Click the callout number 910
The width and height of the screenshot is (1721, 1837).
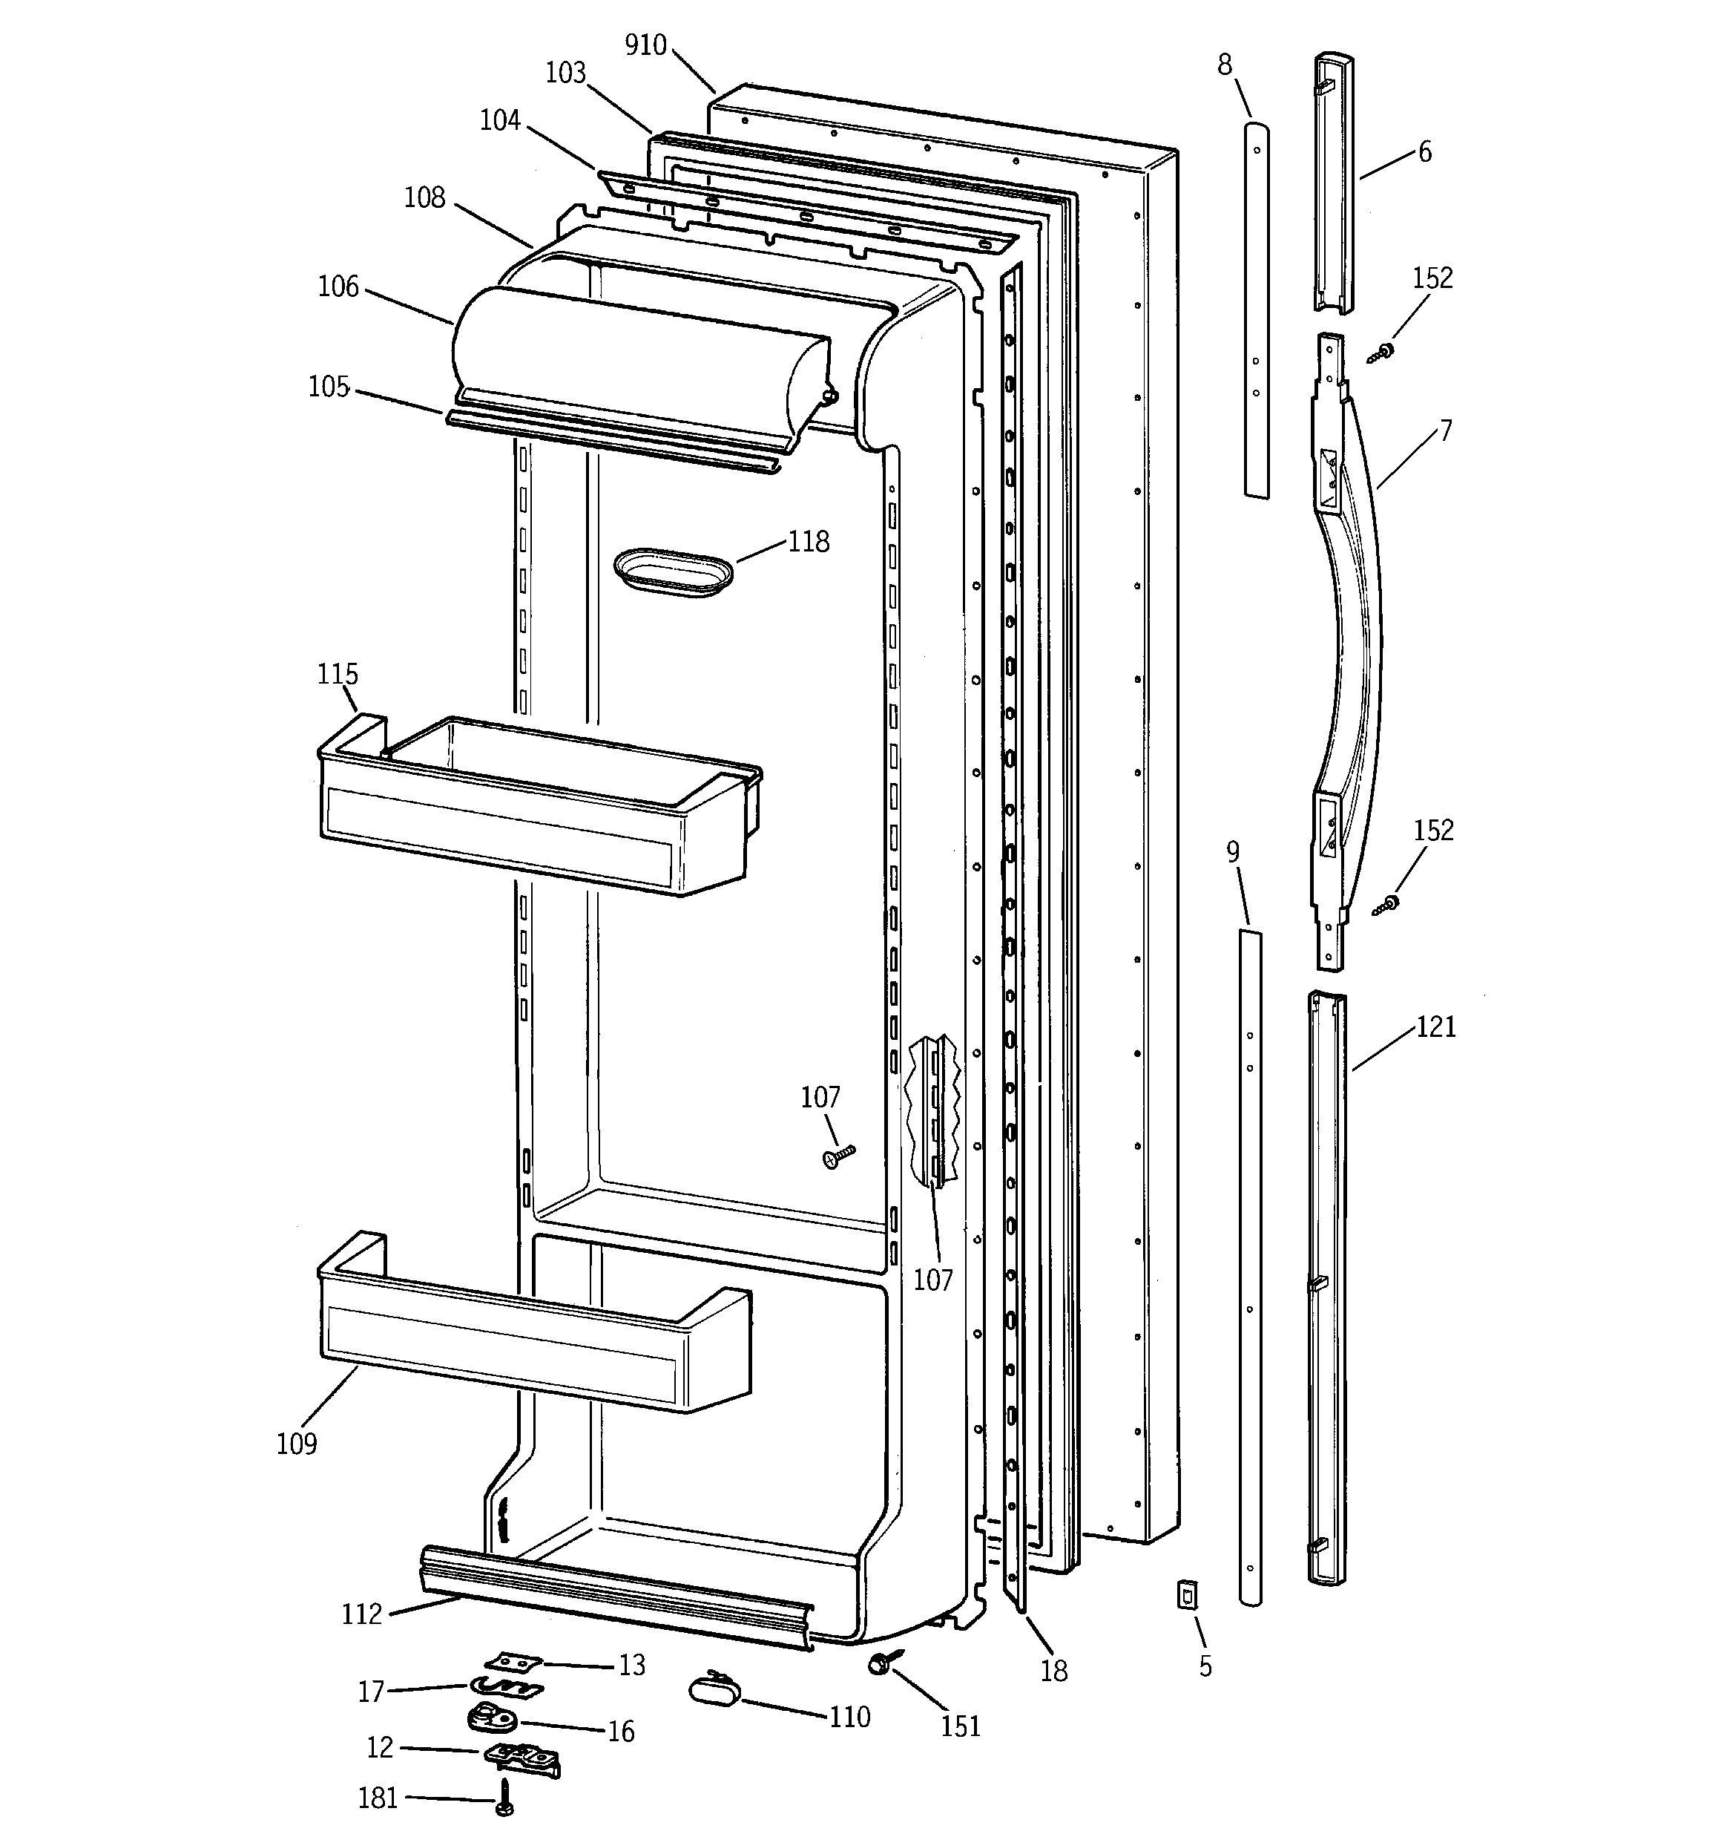pos(645,45)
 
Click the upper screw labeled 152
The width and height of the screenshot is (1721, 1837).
pos(1382,351)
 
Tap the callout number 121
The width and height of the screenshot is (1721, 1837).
pos(1435,1026)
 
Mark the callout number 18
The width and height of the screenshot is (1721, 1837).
pos(1053,1671)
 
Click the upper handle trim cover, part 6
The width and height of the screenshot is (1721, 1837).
pos(1334,185)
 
